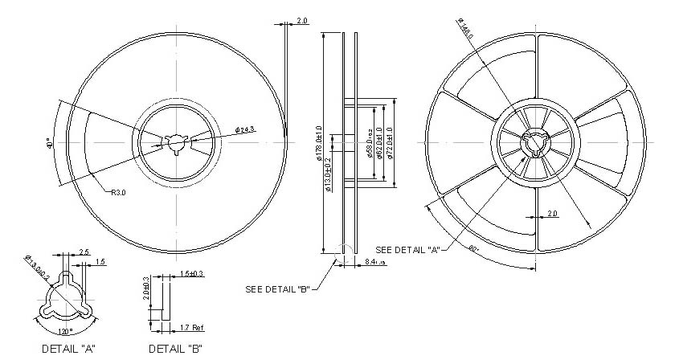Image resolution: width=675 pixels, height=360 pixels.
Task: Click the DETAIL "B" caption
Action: pyautogui.click(x=175, y=349)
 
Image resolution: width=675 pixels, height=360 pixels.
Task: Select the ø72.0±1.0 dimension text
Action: pyautogui.click(x=391, y=143)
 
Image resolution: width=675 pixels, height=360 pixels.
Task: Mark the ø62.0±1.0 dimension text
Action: pyautogui.click(x=380, y=143)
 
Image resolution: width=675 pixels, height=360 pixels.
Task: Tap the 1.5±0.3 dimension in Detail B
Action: pyautogui.click(x=191, y=274)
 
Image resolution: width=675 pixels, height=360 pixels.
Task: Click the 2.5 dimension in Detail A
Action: pyautogui.click(x=84, y=252)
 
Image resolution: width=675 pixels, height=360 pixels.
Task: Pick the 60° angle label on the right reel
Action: pyautogui.click(x=474, y=250)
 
